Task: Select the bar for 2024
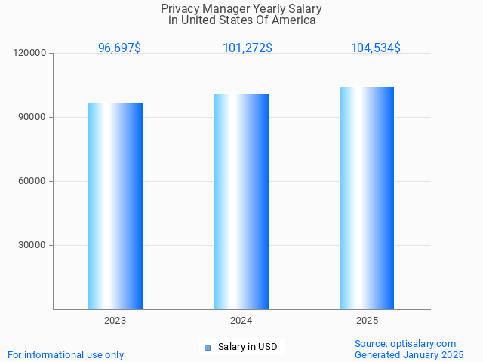(x=241, y=201)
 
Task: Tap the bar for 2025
(x=367, y=198)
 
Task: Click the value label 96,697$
(x=119, y=48)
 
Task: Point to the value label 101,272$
(x=248, y=48)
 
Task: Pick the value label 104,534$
(x=376, y=48)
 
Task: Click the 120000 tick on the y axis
(x=30, y=53)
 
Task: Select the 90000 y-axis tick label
(x=32, y=117)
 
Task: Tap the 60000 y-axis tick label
(x=32, y=181)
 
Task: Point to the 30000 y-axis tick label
(x=32, y=245)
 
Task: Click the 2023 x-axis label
(x=115, y=321)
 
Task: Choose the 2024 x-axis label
(x=241, y=321)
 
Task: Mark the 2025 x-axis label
(x=367, y=321)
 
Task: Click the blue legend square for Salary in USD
(x=208, y=347)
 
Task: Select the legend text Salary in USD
(x=248, y=347)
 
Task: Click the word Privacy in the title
(x=179, y=9)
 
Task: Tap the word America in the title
(x=295, y=20)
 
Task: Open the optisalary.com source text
(x=405, y=343)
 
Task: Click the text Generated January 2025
(x=409, y=354)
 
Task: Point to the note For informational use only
(x=66, y=354)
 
